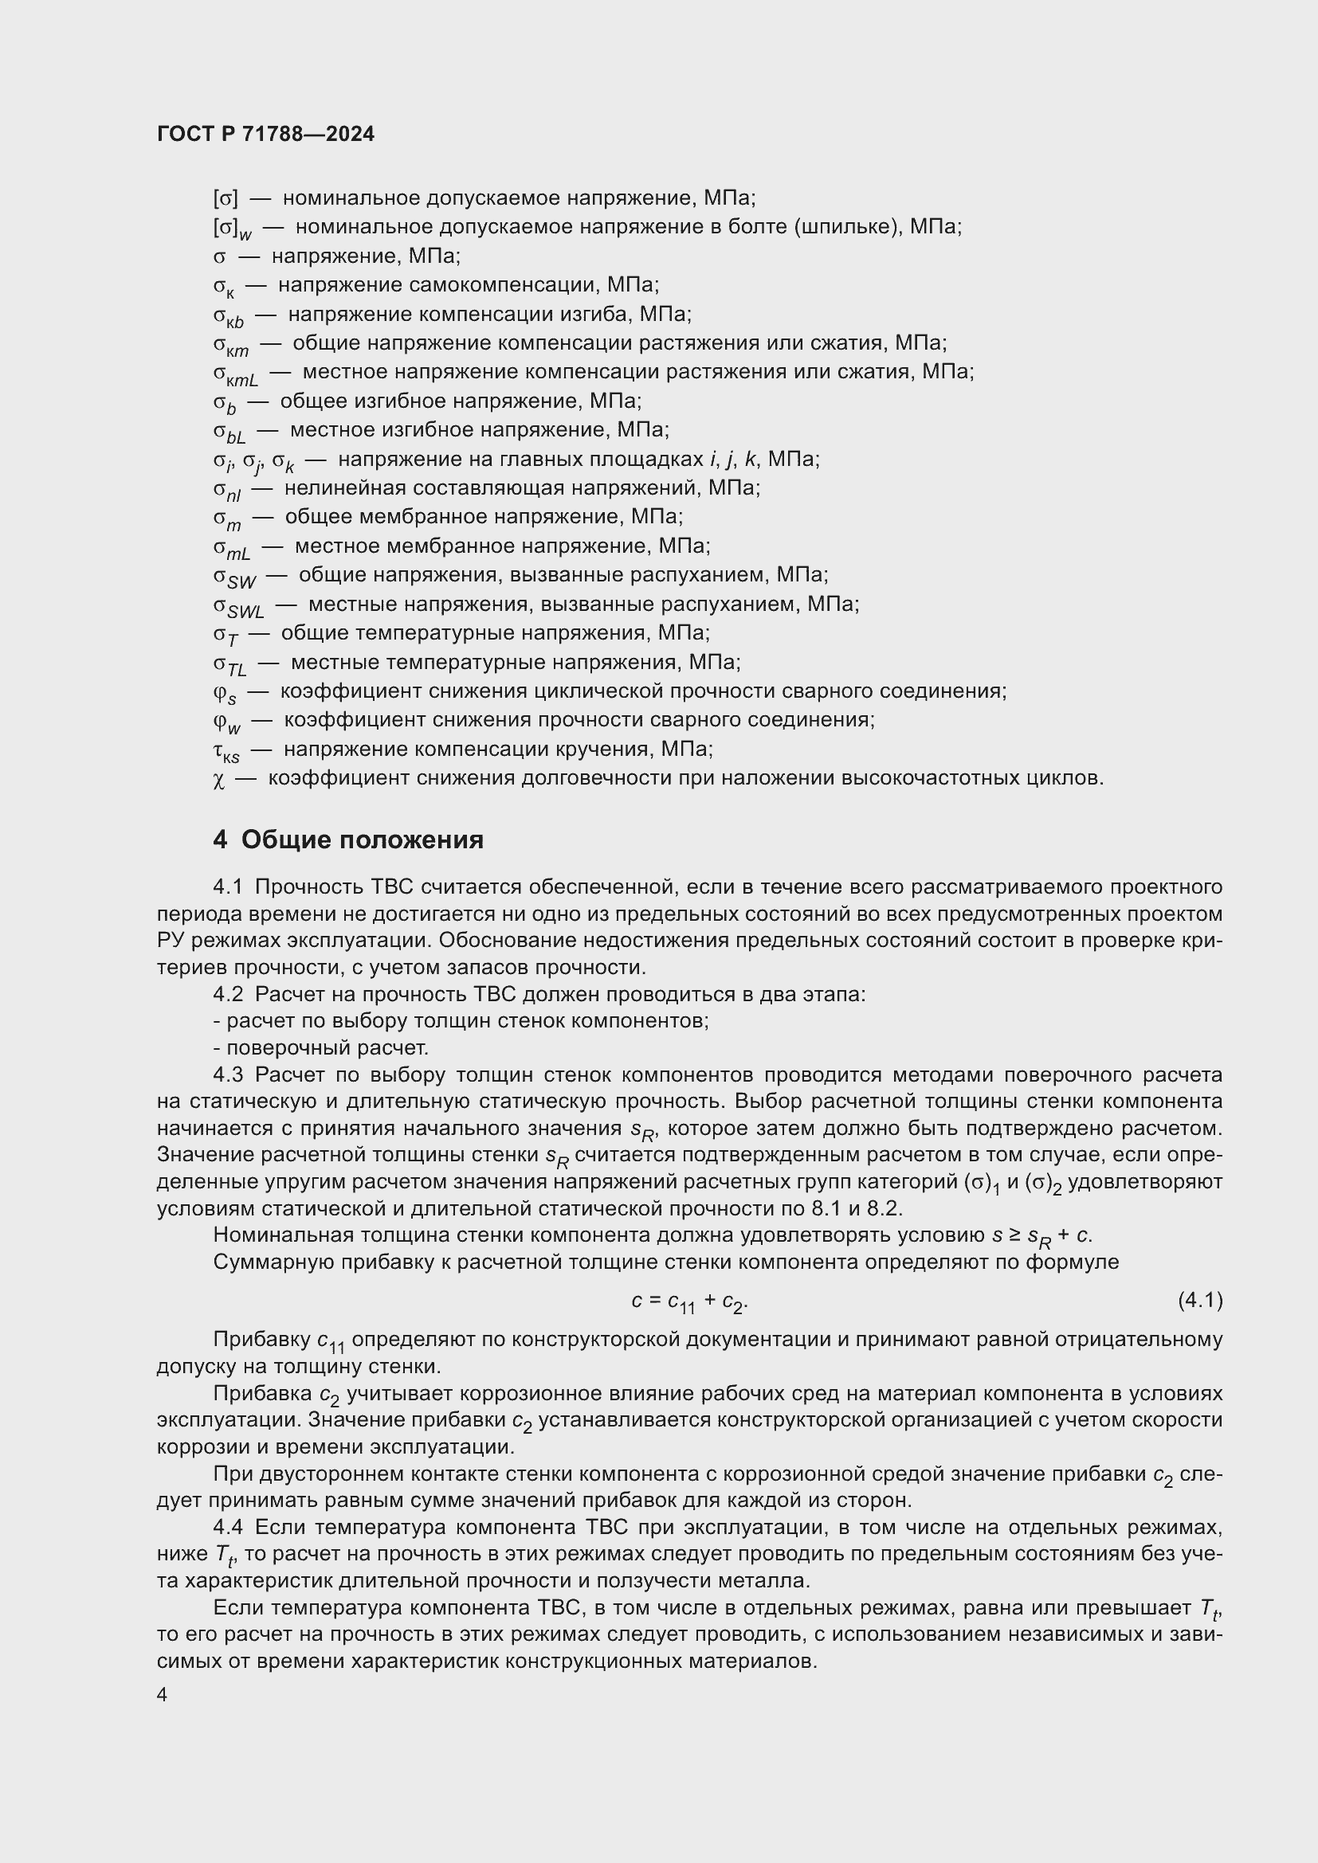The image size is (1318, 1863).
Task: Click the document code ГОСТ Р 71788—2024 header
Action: (x=265, y=135)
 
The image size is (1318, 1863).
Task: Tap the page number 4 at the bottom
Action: (x=163, y=1695)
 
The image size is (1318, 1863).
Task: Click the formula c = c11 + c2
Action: (x=689, y=1302)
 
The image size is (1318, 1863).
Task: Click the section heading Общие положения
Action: (x=362, y=840)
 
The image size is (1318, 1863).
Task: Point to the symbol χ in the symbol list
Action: (x=218, y=780)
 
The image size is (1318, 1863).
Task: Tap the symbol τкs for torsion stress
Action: (x=226, y=751)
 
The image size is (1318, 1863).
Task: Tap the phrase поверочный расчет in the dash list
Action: (x=327, y=1047)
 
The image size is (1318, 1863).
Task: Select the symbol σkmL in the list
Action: (x=235, y=374)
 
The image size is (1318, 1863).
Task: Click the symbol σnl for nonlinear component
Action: (x=227, y=490)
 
